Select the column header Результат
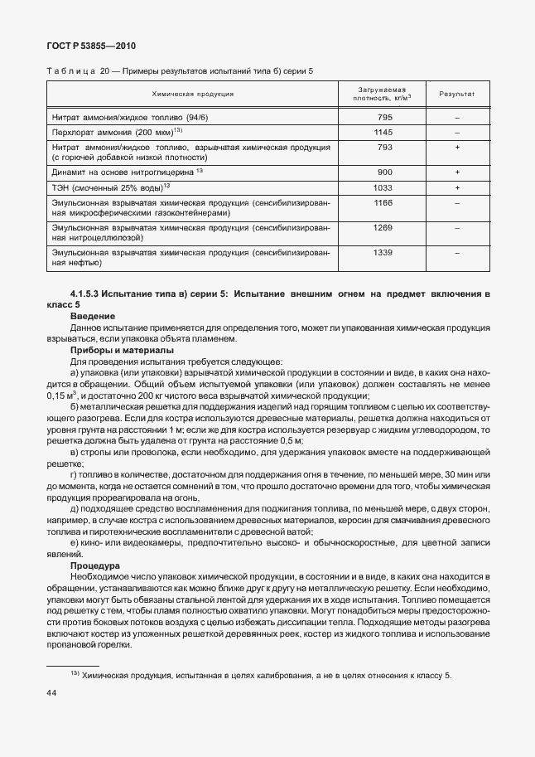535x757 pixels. pos(456,95)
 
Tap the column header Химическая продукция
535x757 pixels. pos(192,95)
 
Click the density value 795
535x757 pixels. pos(384,118)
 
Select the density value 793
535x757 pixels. pos(384,147)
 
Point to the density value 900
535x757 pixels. pos(384,172)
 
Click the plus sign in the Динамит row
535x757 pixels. pos(456,172)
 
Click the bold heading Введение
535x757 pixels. pos(93,317)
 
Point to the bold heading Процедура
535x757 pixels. pos(95,565)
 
